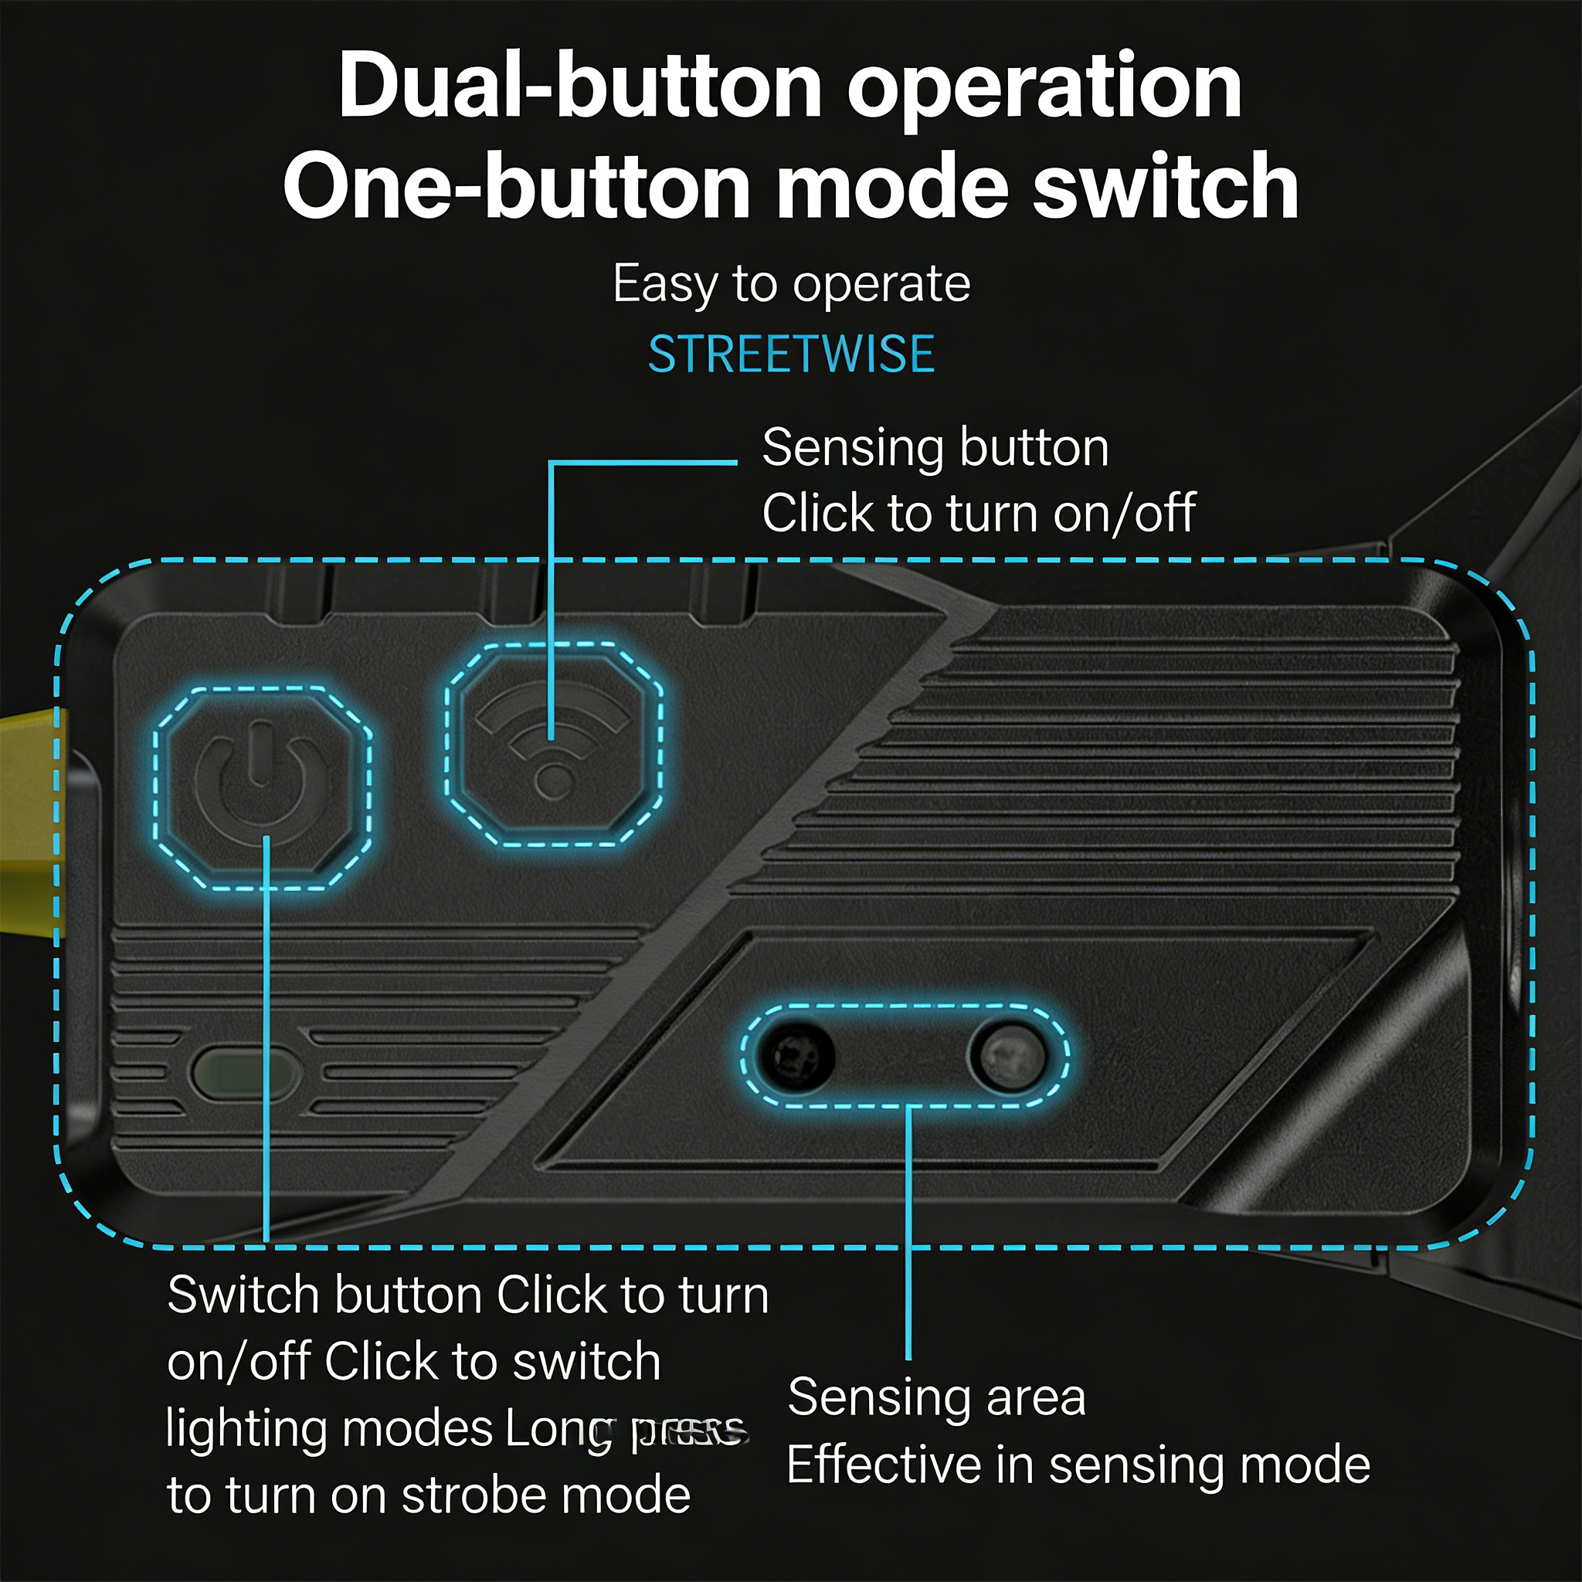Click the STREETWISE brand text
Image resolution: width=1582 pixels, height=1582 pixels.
791,355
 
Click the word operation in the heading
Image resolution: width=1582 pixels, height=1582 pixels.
1044,88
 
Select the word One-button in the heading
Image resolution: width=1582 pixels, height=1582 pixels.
516,187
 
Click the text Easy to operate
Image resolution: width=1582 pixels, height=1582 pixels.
791,285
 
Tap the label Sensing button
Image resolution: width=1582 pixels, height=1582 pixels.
935,449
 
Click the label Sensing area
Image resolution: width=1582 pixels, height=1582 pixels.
936,1397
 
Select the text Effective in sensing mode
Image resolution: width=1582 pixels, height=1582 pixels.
1078,1465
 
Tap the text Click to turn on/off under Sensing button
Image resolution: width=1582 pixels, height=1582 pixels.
979,514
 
